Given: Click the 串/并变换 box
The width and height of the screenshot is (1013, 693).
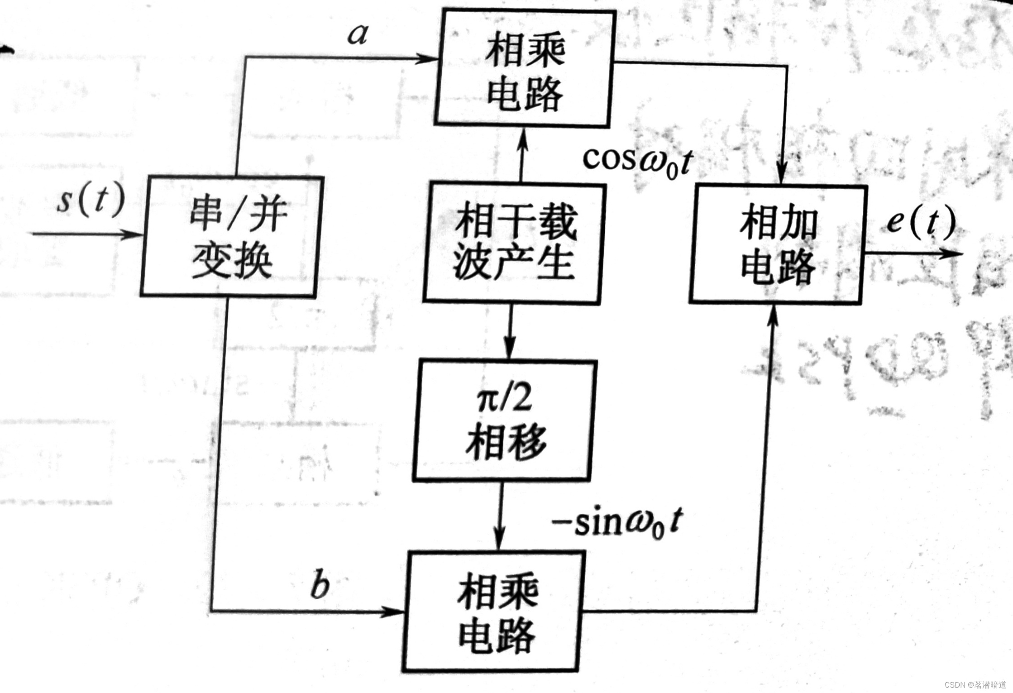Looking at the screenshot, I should pos(232,236).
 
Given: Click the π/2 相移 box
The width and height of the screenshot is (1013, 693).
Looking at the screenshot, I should pos(505,420).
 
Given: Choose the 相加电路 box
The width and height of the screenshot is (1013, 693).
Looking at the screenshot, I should pos(778,244).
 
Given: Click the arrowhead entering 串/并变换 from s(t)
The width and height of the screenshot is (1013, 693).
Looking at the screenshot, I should pos(134,234).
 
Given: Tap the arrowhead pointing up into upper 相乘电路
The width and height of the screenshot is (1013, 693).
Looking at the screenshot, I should pos(523,138).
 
